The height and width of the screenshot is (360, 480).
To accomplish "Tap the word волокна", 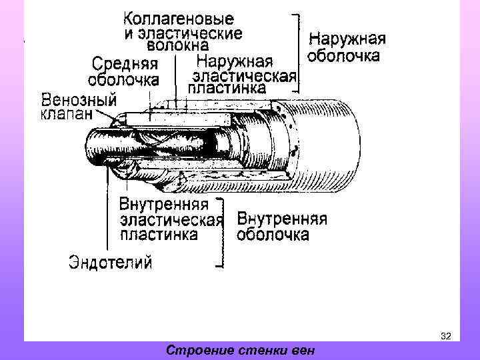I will coord(177,46).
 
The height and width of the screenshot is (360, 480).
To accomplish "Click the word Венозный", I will coord(79,100).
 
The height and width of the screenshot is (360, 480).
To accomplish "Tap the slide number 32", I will coord(446,336).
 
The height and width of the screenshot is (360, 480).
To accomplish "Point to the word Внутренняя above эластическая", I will coord(164,204).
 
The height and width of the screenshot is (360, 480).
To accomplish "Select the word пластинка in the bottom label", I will coord(159,235).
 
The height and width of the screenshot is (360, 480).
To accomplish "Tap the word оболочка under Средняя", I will coord(125,79).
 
